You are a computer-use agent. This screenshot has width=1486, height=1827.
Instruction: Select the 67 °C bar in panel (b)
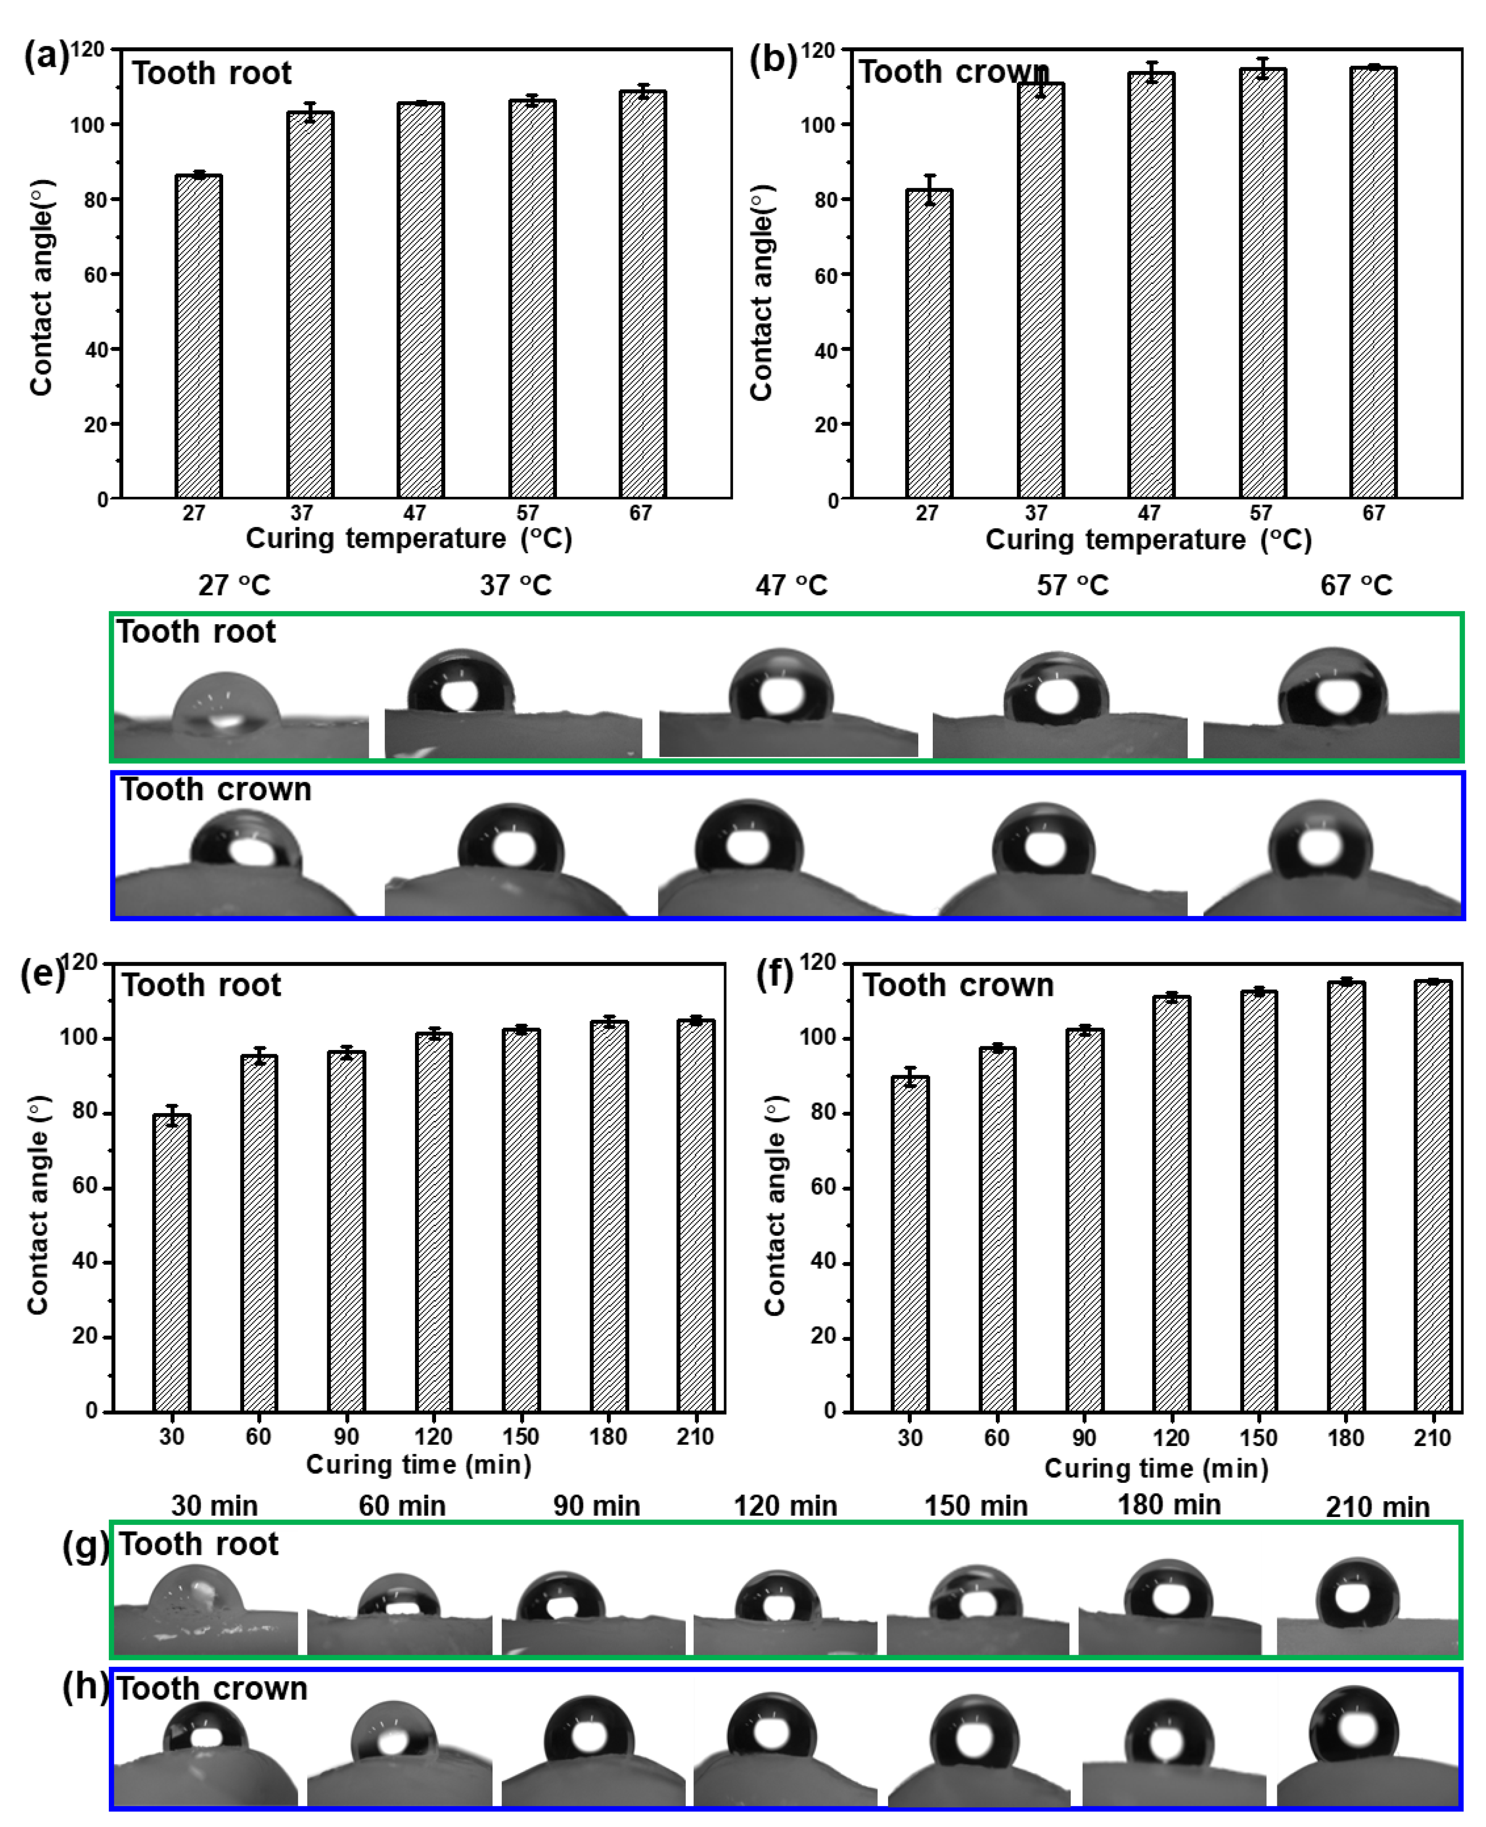click(x=1373, y=282)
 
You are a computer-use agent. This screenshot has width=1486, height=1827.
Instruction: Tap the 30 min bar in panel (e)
click(x=171, y=1263)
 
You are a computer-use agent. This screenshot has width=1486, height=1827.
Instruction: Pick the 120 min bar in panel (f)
click(x=1171, y=1203)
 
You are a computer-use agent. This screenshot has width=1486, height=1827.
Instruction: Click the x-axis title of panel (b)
click(x=1148, y=539)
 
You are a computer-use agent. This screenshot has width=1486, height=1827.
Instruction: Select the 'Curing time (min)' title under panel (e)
click(x=419, y=1464)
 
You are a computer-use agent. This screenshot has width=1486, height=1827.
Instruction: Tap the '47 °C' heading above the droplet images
click(x=791, y=585)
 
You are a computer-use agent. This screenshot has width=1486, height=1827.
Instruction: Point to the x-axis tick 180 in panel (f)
click(x=1345, y=1438)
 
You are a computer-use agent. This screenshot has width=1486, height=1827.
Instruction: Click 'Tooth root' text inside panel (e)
click(x=201, y=986)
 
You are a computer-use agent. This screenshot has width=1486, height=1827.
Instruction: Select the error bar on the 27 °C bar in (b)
click(x=930, y=190)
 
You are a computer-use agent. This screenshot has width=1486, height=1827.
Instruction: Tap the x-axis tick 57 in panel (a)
click(x=527, y=513)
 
